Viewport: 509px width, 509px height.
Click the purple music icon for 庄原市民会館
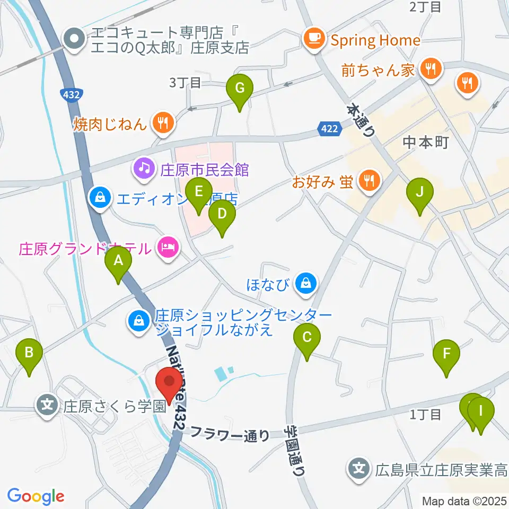point(144,169)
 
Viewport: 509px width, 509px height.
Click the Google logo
point(36,497)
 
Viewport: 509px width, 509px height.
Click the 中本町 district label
point(426,142)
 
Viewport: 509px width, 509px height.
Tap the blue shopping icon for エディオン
point(99,198)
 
